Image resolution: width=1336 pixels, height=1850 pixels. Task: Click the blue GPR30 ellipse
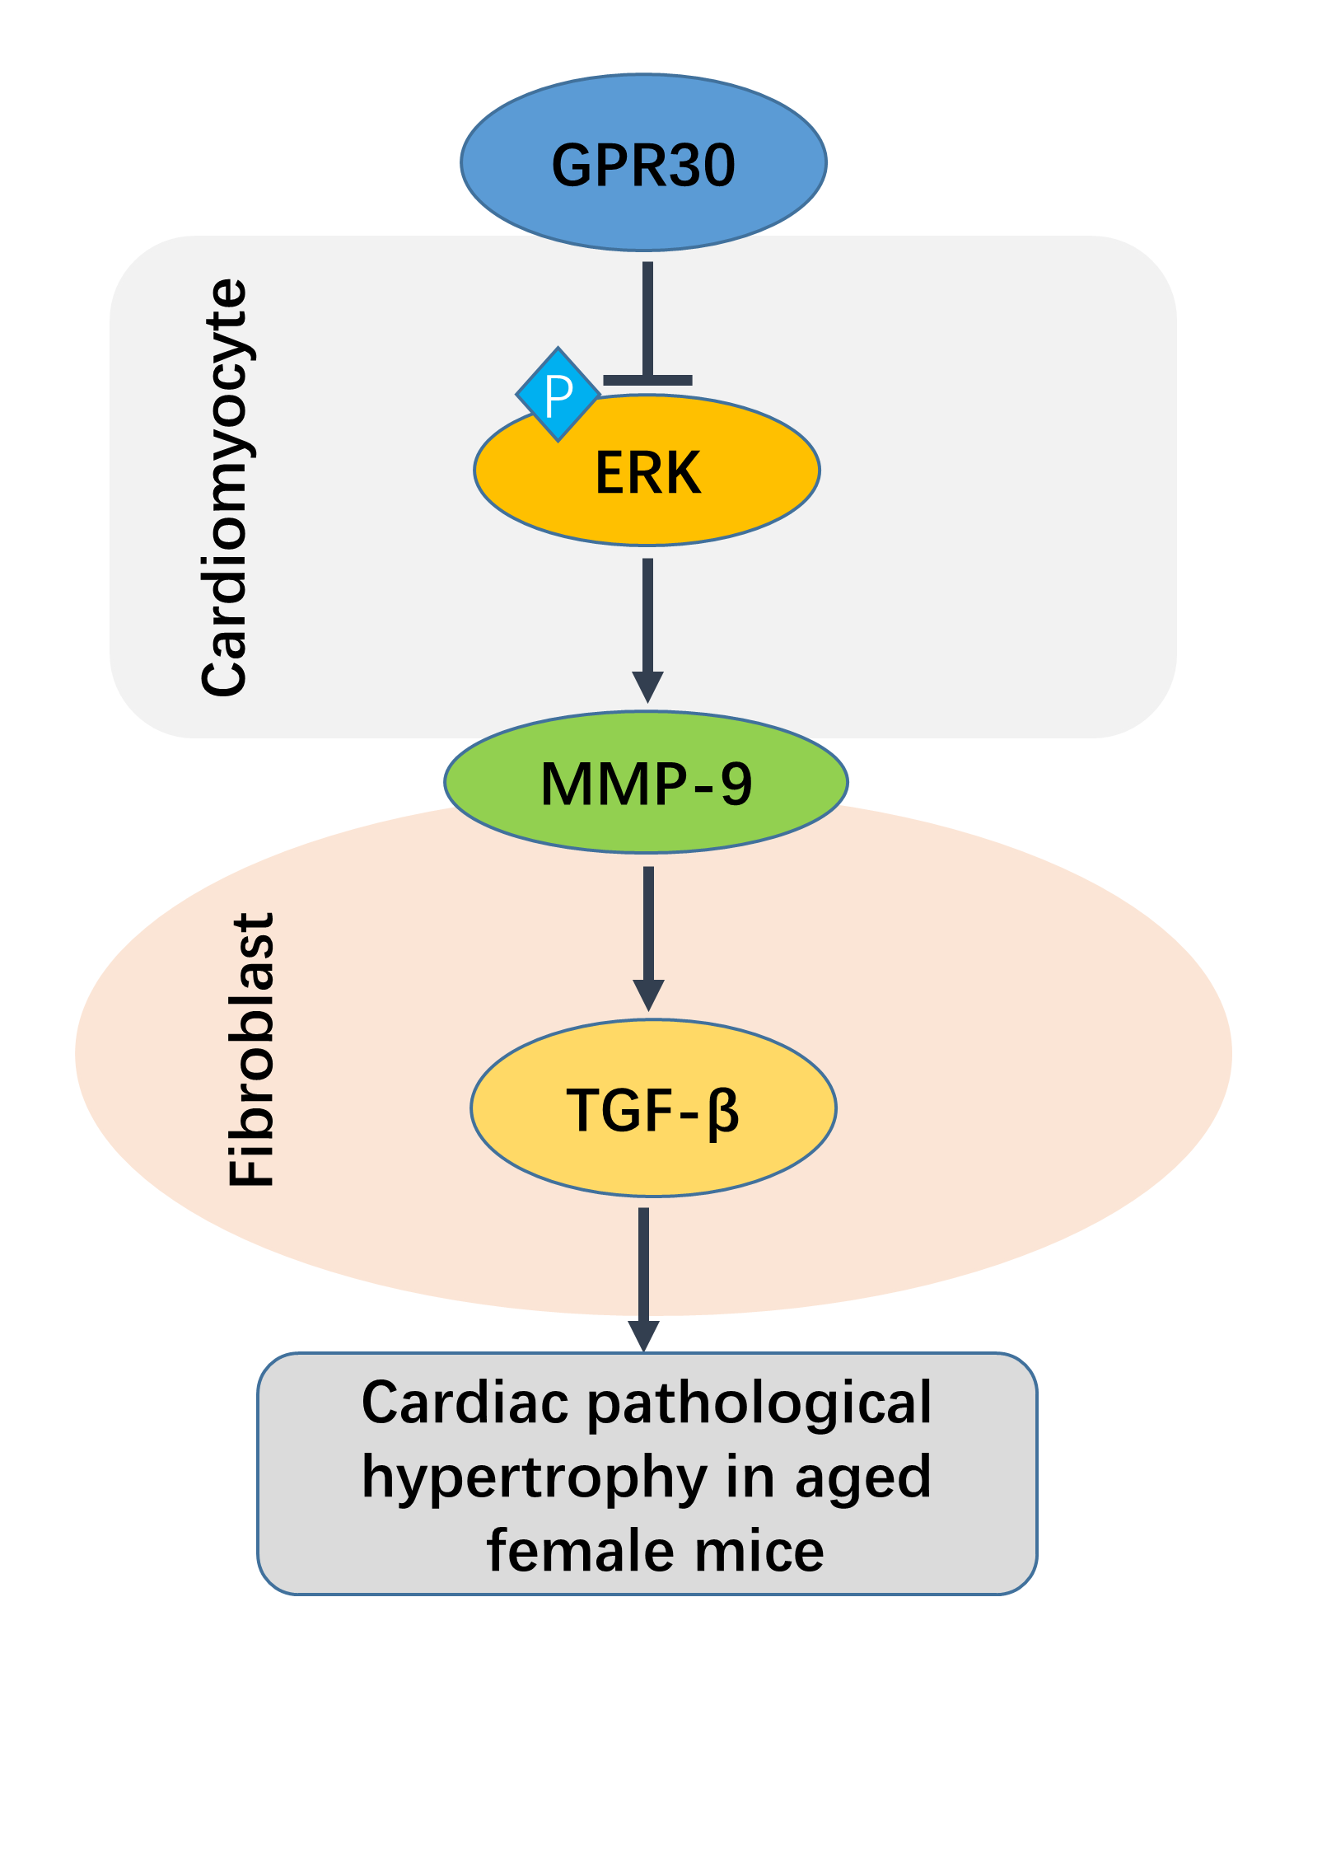click(x=643, y=163)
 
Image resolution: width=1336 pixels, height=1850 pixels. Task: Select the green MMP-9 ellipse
click(x=647, y=782)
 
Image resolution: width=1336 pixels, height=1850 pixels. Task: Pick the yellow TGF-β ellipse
click(x=653, y=1108)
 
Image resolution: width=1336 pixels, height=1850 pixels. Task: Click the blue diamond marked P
click(x=558, y=395)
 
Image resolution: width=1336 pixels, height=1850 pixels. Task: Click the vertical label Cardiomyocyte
click(x=224, y=488)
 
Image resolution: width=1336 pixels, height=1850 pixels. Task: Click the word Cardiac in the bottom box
click(x=465, y=1403)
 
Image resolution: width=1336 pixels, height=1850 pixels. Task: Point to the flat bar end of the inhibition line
click(x=648, y=380)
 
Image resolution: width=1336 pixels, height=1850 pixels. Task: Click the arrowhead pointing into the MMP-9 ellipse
click(x=648, y=686)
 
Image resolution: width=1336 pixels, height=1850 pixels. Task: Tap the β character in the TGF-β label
click(x=723, y=1112)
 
